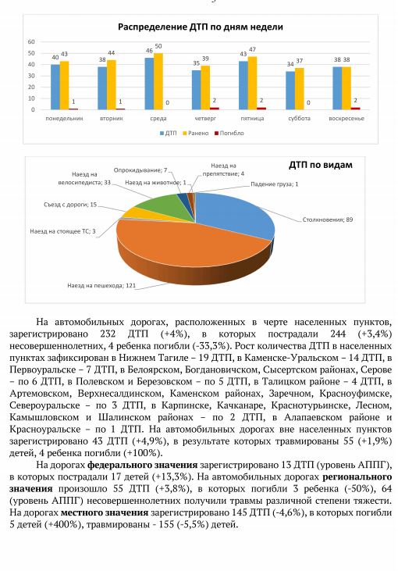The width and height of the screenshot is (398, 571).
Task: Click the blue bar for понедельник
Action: click(x=55, y=87)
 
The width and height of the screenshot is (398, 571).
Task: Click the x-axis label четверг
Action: click(x=204, y=119)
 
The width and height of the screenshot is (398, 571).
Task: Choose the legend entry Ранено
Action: click(x=198, y=134)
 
